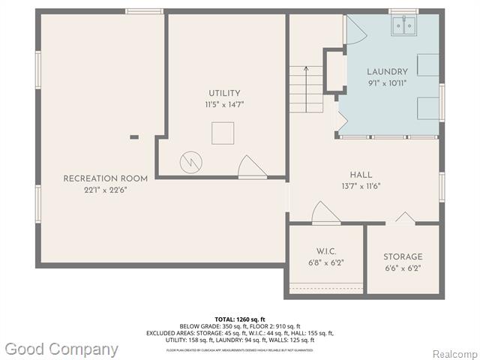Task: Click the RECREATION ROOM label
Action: click(105, 178)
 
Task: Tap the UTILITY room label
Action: click(225, 93)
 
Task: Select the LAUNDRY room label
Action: click(387, 72)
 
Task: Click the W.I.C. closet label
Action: click(325, 250)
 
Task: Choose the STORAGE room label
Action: click(403, 256)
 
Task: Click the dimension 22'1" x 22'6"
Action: click(105, 190)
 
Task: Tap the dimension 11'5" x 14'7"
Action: click(226, 105)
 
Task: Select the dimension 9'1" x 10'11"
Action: click(387, 83)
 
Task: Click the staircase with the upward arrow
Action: click(305, 88)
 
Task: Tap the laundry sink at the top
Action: click(404, 26)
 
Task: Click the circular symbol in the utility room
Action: click(188, 161)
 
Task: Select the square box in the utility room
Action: click(223, 133)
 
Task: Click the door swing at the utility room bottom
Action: click(251, 167)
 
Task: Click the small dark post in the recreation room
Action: click(134, 136)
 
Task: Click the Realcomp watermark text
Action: click(455, 353)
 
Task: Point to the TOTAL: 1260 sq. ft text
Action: click(240, 319)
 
